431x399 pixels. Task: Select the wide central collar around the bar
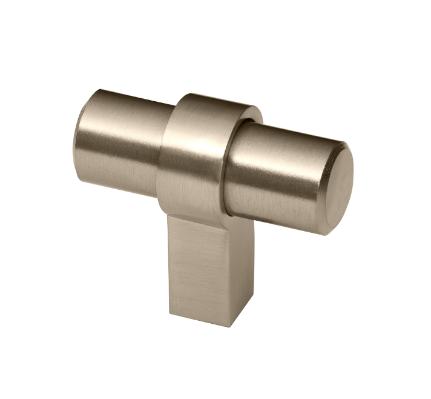192,158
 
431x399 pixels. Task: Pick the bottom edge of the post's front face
200,318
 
